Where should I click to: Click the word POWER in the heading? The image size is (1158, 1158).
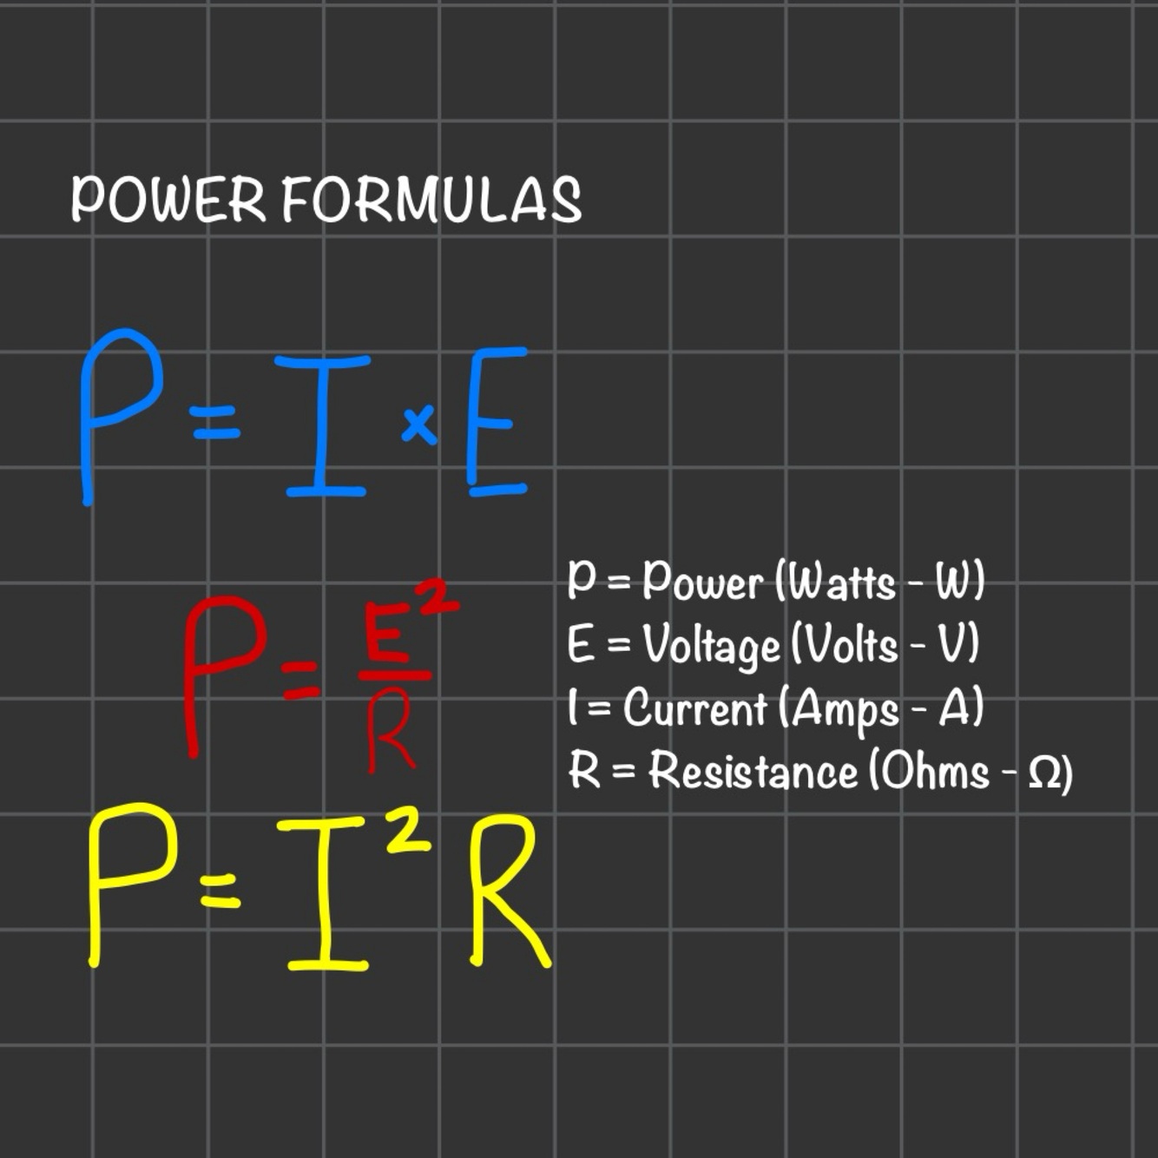click(168, 199)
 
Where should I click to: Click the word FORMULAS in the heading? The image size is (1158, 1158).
click(431, 199)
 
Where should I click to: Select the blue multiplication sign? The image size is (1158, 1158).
click(419, 425)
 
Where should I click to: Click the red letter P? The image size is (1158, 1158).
click(221, 668)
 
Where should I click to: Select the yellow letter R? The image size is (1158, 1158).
click(508, 890)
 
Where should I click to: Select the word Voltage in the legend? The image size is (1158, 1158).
click(711, 645)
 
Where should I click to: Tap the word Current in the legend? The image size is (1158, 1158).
click(695, 707)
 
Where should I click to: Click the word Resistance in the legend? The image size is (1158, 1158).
click(753, 770)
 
